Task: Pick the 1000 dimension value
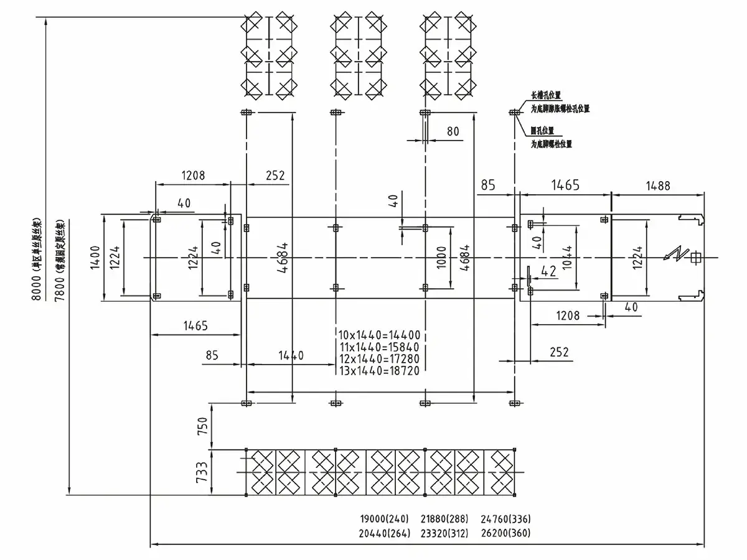tap(441, 257)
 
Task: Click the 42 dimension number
tap(548, 271)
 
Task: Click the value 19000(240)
tap(385, 519)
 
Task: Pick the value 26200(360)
tap(506, 533)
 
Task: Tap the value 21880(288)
tap(445, 519)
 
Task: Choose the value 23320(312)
tap(445, 533)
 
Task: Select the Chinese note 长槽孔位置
tap(546, 96)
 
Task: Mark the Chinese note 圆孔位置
tap(543, 131)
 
